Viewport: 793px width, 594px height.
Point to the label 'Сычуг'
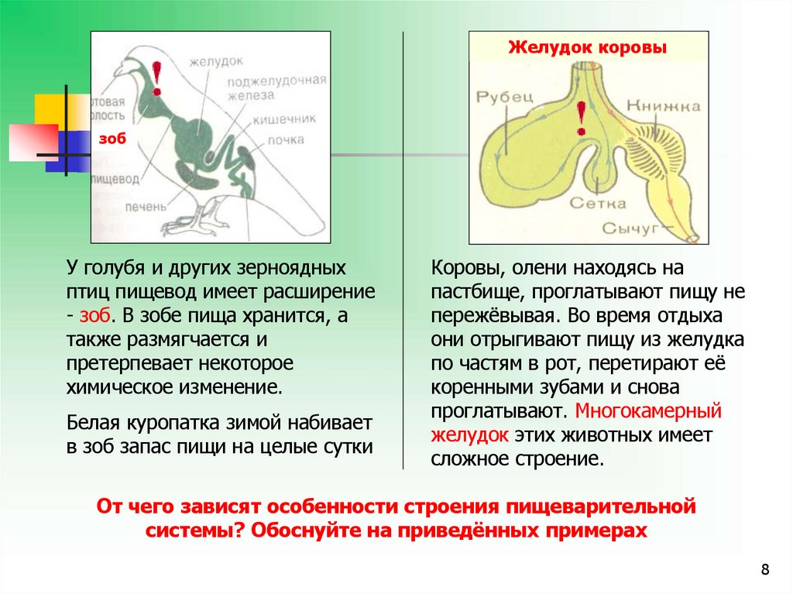[x=631, y=228]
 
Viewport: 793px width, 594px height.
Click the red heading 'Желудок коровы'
[x=588, y=48]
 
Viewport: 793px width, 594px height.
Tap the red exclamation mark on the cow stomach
[x=580, y=119]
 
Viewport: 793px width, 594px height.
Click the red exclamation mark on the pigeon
[x=158, y=78]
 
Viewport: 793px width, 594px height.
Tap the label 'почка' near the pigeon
[x=286, y=140]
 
